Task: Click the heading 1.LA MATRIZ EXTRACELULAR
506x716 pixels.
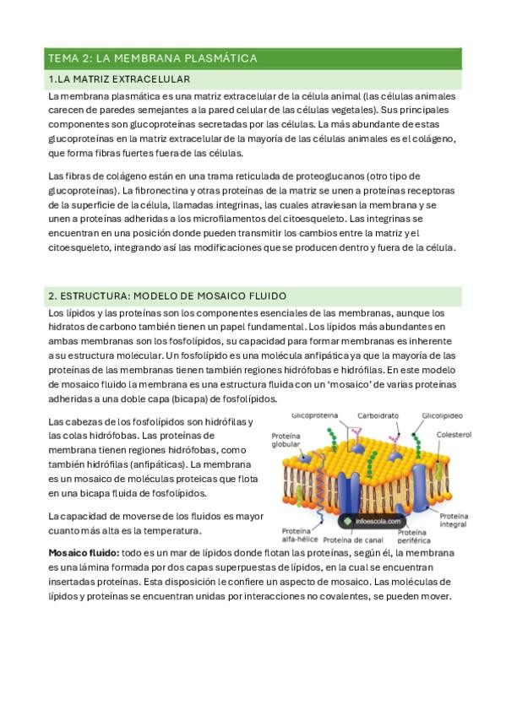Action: tap(119, 79)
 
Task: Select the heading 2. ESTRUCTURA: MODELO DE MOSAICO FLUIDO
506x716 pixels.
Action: tap(167, 296)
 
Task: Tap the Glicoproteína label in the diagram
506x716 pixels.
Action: tap(314, 416)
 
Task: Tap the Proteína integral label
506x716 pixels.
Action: tap(453, 519)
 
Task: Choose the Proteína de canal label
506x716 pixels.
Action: tap(353, 540)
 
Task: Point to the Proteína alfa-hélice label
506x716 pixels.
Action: tap(297, 536)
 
